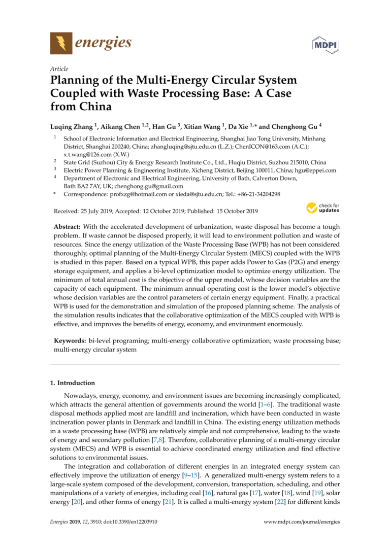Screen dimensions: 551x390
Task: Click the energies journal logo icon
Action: [x=61, y=43]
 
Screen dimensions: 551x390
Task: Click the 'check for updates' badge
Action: [x=322, y=208]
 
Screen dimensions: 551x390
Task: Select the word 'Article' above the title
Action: [x=59, y=69]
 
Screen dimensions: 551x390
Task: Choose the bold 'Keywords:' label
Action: [x=70, y=341]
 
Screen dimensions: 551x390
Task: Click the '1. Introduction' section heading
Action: [x=72, y=383]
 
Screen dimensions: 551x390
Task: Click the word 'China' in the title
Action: [x=94, y=107]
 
